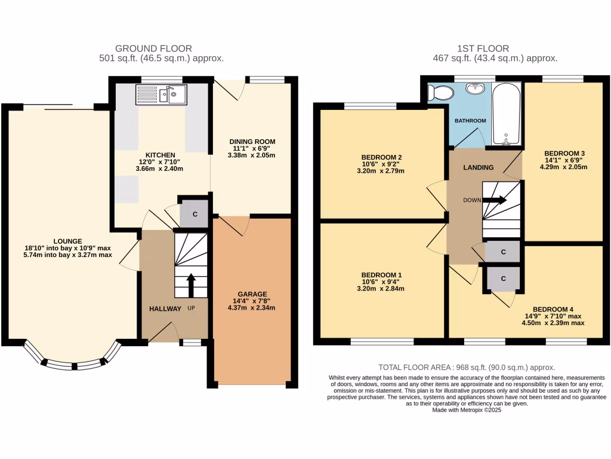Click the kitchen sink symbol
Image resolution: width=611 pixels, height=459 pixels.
(x=161, y=95)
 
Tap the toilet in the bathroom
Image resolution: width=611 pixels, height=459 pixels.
(x=442, y=93)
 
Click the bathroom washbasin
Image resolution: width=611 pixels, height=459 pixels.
(x=476, y=89)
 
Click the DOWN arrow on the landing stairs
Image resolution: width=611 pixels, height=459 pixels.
(x=495, y=201)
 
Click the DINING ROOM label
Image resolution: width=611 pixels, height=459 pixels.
(x=252, y=142)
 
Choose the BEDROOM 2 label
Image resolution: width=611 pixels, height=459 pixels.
(x=381, y=157)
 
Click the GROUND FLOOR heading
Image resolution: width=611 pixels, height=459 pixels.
(x=153, y=48)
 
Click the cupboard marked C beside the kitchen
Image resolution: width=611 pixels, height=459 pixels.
(x=195, y=214)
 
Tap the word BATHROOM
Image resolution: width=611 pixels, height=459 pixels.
(x=470, y=121)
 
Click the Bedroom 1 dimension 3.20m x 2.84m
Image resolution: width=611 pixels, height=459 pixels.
(x=381, y=289)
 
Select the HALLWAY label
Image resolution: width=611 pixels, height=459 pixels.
(x=165, y=308)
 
